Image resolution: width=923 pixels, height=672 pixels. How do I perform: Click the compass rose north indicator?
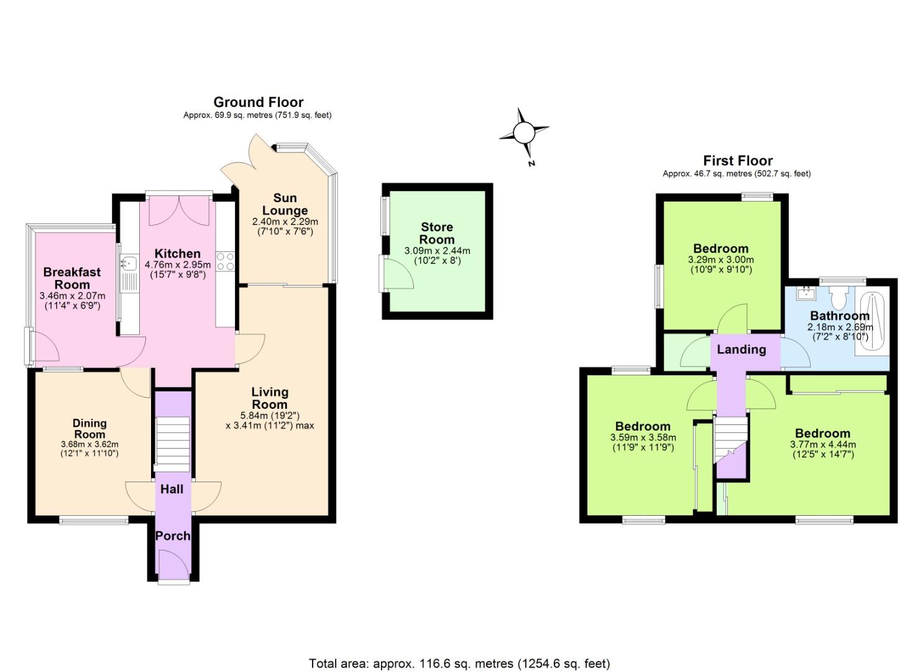tap(525, 133)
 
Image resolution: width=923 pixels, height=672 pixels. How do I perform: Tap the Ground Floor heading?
tap(258, 102)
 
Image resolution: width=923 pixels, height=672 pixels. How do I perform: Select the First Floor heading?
tap(738, 161)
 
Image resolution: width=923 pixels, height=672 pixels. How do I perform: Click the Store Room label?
tap(437, 233)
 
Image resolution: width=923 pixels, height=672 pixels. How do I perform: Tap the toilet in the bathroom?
tap(838, 298)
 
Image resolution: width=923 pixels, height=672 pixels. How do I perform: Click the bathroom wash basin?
tap(807, 292)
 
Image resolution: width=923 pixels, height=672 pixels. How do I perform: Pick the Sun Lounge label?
tap(285, 204)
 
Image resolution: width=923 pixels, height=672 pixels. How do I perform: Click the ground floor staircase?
tap(172, 444)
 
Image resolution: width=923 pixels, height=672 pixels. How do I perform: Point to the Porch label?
tap(173, 536)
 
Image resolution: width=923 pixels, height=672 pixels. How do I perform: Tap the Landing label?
tap(741, 349)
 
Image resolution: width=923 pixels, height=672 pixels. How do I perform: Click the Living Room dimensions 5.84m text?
tap(270, 416)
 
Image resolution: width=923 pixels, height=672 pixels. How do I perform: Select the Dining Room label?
tap(90, 429)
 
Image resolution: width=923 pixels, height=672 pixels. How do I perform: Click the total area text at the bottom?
tap(459, 663)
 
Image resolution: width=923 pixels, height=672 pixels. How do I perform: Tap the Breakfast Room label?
tap(72, 278)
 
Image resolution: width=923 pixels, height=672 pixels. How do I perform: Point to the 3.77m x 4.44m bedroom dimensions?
tap(822, 444)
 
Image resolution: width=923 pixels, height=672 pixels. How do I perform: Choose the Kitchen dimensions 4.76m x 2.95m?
tap(178, 264)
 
